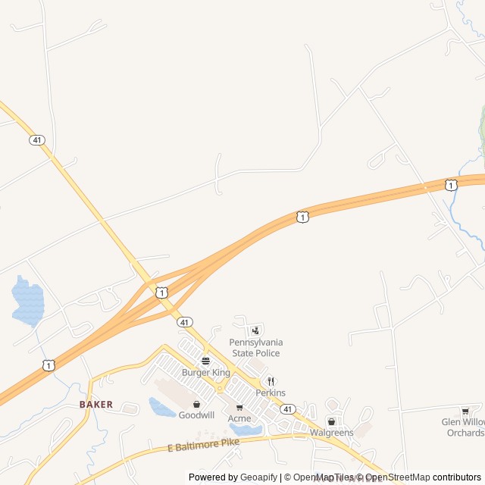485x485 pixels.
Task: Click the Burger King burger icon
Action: (x=205, y=361)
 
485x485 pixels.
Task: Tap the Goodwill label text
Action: (x=197, y=415)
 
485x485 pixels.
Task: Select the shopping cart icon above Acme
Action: (x=239, y=408)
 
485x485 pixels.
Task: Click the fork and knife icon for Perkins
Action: (x=271, y=382)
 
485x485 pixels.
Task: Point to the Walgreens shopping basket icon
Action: (x=331, y=421)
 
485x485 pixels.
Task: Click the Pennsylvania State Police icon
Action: (x=255, y=330)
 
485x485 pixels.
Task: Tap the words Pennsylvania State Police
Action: (x=255, y=348)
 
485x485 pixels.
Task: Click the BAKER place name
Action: (x=96, y=405)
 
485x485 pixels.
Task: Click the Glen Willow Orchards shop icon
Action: (x=465, y=411)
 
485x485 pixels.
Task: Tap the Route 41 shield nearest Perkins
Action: (x=287, y=408)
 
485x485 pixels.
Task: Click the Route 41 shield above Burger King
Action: (x=185, y=322)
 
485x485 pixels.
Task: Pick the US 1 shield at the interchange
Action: (x=162, y=292)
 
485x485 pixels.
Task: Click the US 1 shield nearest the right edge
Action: (x=451, y=185)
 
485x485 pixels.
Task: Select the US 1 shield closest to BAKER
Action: (x=48, y=365)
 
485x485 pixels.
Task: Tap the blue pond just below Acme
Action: (x=247, y=430)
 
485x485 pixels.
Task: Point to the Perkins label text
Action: (x=271, y=393)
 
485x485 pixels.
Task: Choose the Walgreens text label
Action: (x=331, y=433)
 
